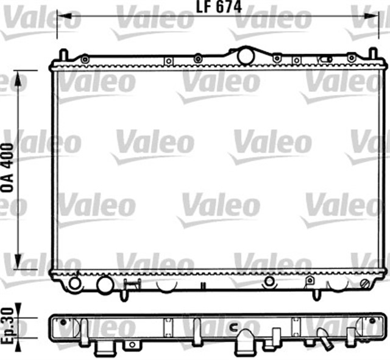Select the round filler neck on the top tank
245,55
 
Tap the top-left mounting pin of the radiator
61,55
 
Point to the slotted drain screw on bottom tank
365,284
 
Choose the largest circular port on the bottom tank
105,284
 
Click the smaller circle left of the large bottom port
75,283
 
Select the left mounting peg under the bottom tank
124,294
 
